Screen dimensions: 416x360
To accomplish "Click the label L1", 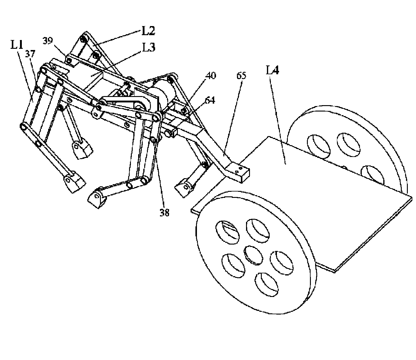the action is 17,45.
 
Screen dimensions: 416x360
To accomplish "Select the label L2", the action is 148,31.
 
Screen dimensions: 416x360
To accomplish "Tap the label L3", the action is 149,48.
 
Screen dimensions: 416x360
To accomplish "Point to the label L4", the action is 272,70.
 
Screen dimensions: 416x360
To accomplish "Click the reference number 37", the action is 30,54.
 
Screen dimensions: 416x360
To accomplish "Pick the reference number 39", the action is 48,41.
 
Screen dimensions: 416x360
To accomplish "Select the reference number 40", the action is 211,76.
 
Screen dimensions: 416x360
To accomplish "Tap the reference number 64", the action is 210,100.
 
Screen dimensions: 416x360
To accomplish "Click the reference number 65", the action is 241,76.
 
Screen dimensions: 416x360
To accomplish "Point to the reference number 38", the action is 165,213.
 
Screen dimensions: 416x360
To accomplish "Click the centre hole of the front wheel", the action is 253,255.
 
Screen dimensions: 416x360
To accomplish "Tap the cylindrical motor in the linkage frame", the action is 163,97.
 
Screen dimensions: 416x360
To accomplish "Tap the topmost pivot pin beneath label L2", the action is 83,38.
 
